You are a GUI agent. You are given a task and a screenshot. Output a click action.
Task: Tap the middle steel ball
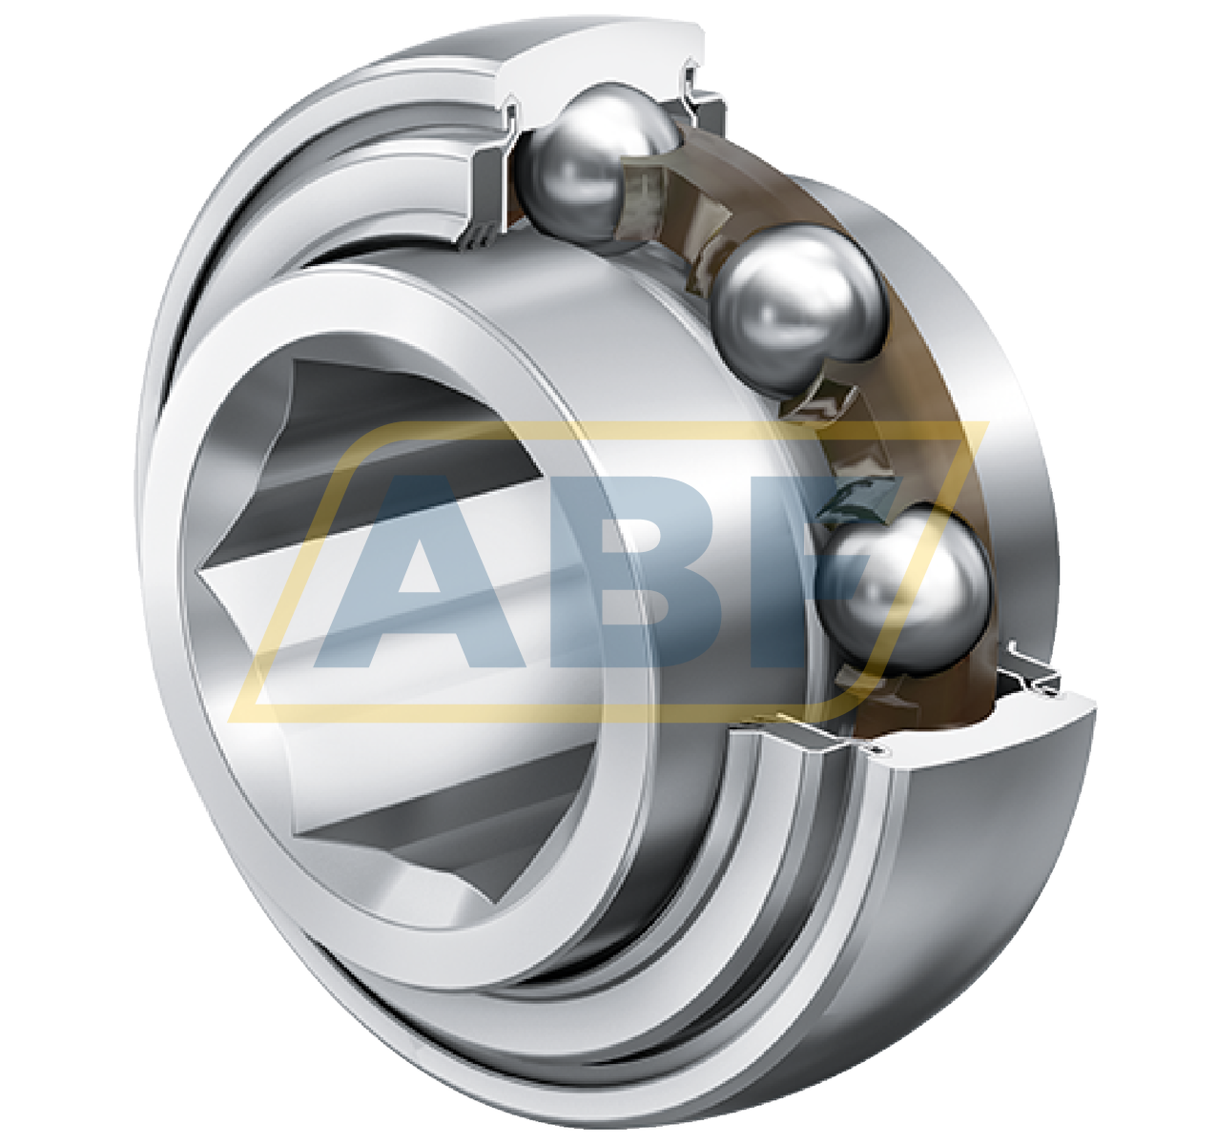click(799, 307)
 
